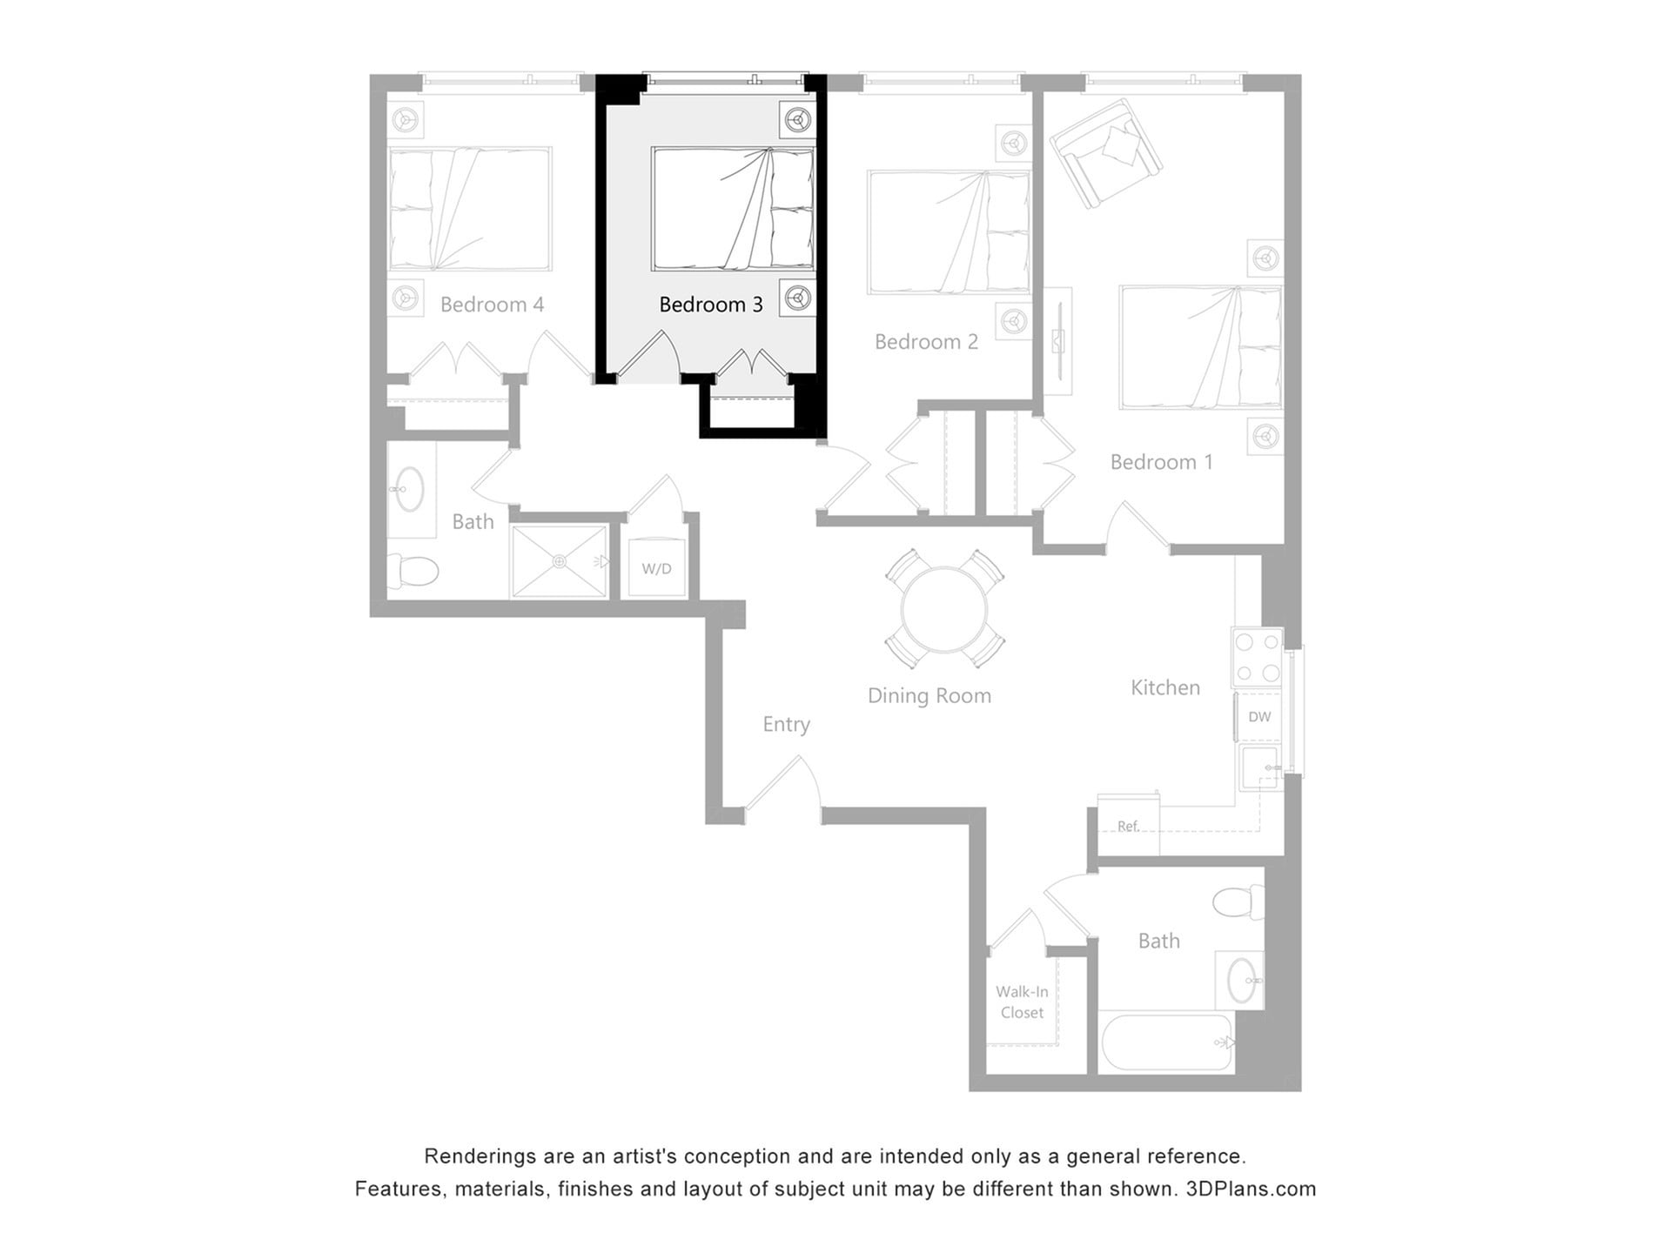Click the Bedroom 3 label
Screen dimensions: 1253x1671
pos(710,305)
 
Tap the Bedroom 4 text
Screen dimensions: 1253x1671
pos(492,305)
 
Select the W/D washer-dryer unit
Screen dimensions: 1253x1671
pos(656,568)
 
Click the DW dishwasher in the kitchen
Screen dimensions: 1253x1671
pos(1258,717)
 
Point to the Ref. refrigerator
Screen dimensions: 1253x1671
pos(1128,825)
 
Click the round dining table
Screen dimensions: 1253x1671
pos(944,609)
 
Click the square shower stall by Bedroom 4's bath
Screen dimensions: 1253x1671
pos(559,561)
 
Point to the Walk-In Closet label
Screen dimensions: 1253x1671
pos(1022,1002)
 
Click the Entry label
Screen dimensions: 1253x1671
pos(786,724)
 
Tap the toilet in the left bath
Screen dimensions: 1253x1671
pos(413,571)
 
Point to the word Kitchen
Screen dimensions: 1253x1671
pos(1164,687)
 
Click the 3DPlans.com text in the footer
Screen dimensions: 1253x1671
pos(1251,1189)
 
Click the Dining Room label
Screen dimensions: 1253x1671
pos(929,695)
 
